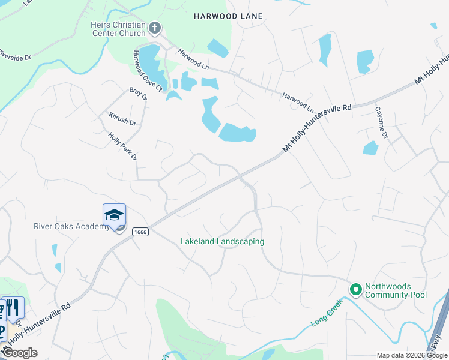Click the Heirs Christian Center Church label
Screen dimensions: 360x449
(118, 28)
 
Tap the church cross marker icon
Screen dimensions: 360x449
(155, 28)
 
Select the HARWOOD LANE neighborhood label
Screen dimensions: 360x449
(228, 16)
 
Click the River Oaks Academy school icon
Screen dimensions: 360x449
(114, 215)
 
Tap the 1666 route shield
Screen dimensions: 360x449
(140, 232)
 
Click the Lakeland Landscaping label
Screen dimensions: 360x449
(223, 242)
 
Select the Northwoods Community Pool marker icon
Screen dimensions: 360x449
(355, 290)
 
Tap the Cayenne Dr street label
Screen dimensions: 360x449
(382, 123)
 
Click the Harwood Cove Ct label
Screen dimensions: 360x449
(148, 71)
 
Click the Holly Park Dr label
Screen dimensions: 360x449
(123, 147)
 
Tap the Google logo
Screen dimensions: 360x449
(20, 353)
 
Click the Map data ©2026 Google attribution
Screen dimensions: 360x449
(412, 355)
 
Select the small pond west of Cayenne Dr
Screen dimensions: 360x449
(370, 148)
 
